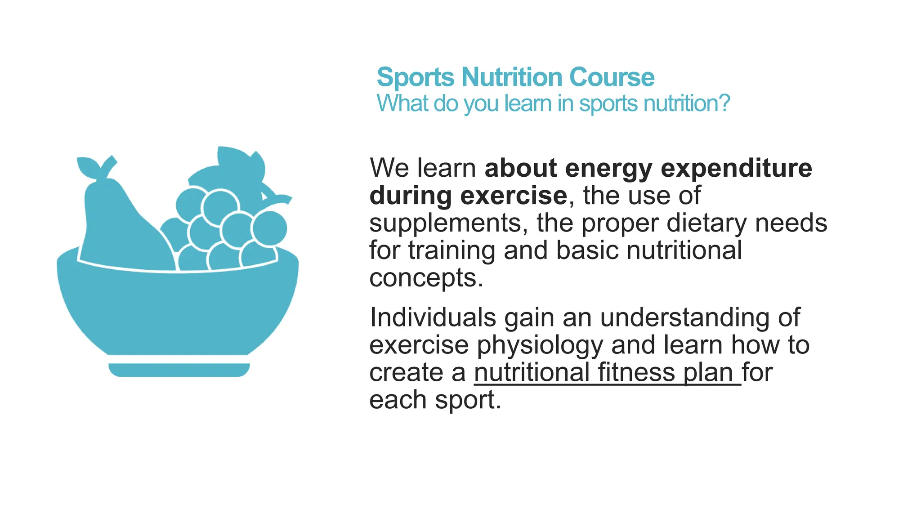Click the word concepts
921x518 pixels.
425,278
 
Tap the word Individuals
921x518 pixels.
433,317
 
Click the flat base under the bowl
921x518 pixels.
179,370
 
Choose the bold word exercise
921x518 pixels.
513,196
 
